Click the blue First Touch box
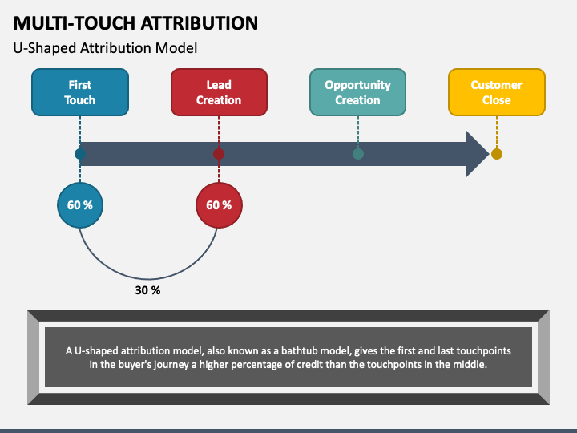(x=79, y=92)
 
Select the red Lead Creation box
(x=219, y=92)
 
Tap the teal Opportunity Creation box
(x=357, y=92)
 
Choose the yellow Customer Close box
(x=496, y=92)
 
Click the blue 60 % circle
(x=79, y=205)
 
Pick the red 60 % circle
(x=219, y=205)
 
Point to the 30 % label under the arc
(x=147, y=290)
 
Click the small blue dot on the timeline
(x=79, y=154)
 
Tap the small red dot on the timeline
(x=219, y=154)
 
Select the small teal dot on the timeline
(x=358, y=154)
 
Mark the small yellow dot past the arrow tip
(x=497, y=154)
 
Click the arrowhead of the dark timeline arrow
(x=477, y=154)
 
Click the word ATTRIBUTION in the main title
(x=189, y=22)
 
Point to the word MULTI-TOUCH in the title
(x=65, y=22)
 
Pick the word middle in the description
(x=467, y=364)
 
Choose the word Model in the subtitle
(x=179, y=48)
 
